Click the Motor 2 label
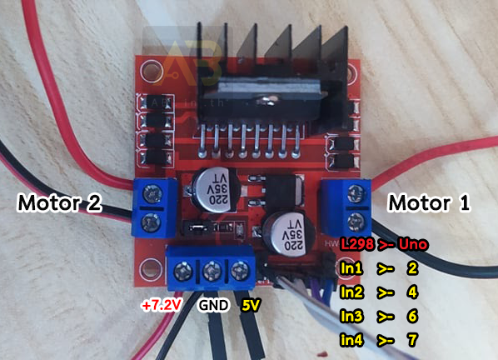click(x=60, y=203)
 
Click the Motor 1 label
click(x=429, y=203)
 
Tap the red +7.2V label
click(x=162, y=306)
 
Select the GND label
click(x=213, y=305)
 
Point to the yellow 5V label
click(x=251, y=305)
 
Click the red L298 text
click(x=356, y=244)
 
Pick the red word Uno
click(x=413, y=244)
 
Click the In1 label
click(x=351, y=268)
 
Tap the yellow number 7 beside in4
click(x=412, y=340)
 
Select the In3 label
click(x=351, y=316)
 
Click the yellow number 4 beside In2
click(x=412, y=292)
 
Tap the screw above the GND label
click(x=212, y=271)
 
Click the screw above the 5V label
click(x=240, y=270)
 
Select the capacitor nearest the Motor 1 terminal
click(x=290, y=233)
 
